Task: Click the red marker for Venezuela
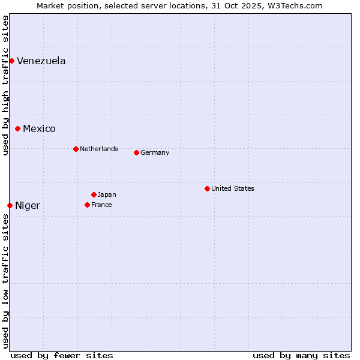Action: (x=11, y=61)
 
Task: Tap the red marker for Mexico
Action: (x=18, y=128)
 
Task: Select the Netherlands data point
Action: (x=76, y=149)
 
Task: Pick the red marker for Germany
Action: (x=136, y=152)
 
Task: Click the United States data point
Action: (x=207, y=188)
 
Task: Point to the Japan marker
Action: (x=94, y=194)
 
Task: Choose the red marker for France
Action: (x=87, y=205)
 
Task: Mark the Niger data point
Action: (x=10, y=205)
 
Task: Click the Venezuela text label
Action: (x=41, y=61)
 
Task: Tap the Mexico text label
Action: (x=39, y=128)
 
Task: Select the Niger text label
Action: (x=28, y=205)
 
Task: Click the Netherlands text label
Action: (x=99, y=149)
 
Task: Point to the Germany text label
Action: (x=155, y=152)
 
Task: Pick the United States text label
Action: (x=233, y=188)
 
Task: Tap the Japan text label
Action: (x=107, y=194)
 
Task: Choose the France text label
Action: (x=101, y=205)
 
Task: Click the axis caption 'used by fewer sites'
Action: (x=62, y=355)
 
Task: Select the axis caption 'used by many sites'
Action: (x=301, y=355)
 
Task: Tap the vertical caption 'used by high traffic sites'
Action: (x=5, y=85)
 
